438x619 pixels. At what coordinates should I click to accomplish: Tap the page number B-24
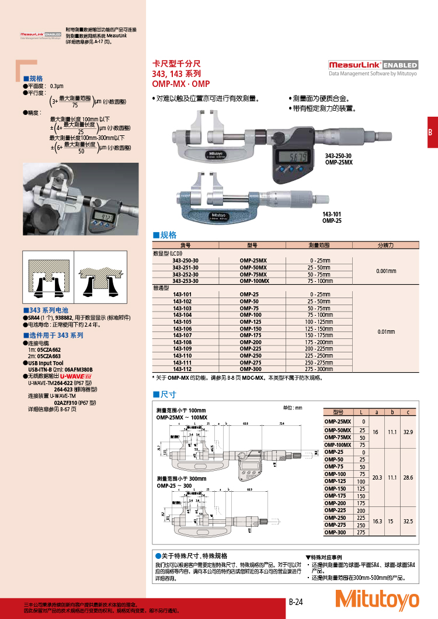[x=296, y=601]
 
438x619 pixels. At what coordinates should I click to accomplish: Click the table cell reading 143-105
[x=182, y=321]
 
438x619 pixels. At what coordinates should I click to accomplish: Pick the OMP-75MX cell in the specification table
[x=253, y=274]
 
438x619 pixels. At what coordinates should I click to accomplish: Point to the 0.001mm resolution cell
[x=386, y=271]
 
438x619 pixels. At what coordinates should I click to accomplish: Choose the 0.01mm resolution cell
[x=386, y=331]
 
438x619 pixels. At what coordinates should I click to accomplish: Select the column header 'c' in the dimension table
[x=408, y=412]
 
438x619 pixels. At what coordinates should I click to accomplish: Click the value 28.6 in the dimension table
[x=408, y=477]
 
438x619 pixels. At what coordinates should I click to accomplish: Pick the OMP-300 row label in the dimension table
[x=338, y=532]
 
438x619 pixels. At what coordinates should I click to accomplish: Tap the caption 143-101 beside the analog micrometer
[x=332, y=214]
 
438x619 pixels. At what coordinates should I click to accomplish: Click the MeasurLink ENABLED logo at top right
[x=373, y=65]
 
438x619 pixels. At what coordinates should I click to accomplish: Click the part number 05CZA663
[x=49, y=355]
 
